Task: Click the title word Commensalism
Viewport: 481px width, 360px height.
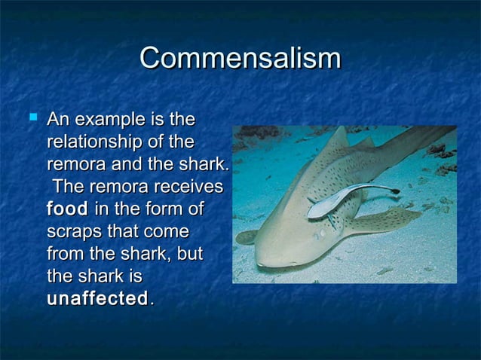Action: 240,59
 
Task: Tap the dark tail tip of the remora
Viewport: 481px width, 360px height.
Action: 392,189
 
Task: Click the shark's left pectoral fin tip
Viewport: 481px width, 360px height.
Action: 246,237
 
